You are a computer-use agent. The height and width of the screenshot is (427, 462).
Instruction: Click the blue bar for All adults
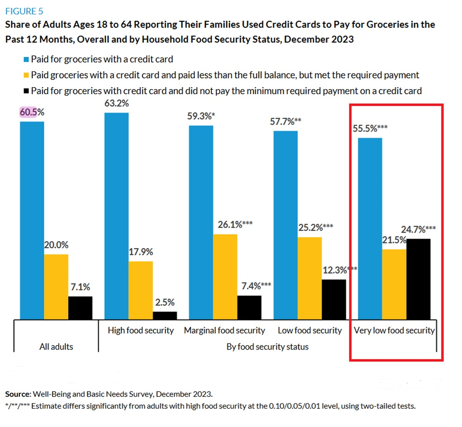pos(32,220)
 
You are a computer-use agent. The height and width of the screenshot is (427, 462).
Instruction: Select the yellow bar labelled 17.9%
pos(140,290)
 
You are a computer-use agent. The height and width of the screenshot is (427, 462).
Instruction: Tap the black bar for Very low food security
pos(418,279)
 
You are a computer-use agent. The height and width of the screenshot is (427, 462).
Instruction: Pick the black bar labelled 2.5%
pos(165,315)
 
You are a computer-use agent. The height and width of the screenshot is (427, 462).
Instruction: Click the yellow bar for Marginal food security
pos(225,276)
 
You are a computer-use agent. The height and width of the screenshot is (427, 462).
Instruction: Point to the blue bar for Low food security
pos(286,225)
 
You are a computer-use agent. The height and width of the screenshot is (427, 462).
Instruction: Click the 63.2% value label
pos(116,103)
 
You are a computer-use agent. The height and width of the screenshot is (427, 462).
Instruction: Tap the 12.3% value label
pos(335,270)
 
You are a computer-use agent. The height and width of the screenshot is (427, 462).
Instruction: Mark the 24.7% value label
pos(413,230)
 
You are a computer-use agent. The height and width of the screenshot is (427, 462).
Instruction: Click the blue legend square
pos(26,60)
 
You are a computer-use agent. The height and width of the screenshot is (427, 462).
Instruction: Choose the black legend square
pos(26,91)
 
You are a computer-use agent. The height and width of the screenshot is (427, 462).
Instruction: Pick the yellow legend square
pos(26,75)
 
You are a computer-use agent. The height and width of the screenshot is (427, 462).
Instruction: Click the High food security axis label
pos(140,331)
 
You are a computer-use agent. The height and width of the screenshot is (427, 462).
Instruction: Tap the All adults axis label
pos(56,347)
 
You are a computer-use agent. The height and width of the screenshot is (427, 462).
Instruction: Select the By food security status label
pos(267,347)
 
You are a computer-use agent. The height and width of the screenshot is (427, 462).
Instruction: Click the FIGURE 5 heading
pos(24,12)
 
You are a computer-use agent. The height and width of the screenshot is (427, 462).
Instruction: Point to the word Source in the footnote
pos(17,394)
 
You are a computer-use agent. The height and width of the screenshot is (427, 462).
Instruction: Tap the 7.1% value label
pos(80,287)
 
